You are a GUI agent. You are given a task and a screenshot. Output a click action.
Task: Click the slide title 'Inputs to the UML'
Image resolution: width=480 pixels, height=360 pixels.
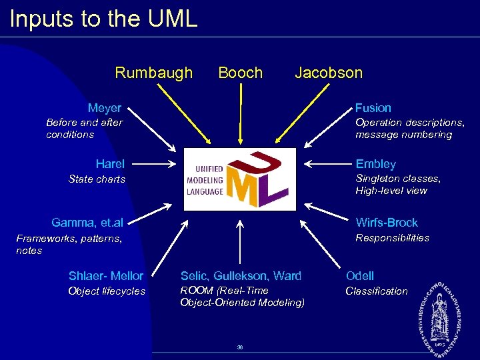pos(103,19)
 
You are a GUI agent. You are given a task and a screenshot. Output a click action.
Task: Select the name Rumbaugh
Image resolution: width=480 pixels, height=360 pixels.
pos(153,73)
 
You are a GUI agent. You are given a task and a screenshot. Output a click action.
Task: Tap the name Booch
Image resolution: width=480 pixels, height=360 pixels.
pos(240,73)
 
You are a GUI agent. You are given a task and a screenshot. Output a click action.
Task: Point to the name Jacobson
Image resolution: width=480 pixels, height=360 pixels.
pos(329,73)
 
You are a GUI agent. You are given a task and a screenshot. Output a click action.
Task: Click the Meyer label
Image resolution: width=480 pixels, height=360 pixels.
pos(105,108)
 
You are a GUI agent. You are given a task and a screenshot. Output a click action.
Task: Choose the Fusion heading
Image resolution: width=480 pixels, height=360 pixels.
pos(373,108)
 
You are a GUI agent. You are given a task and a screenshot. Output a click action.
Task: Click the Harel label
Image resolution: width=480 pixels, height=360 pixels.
pos(110,164)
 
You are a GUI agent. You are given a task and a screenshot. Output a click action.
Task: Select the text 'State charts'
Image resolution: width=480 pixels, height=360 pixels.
pos(97,179)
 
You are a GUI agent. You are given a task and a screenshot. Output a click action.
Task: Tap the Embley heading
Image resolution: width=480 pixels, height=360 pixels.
pos(375,164)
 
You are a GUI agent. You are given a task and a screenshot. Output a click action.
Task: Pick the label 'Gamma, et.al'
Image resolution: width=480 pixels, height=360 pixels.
pos(87,223)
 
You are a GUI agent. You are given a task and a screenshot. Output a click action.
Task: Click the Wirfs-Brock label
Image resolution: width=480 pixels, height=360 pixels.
pos(387,223)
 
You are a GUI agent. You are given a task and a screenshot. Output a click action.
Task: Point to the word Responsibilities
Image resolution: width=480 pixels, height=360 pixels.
pos(392,238)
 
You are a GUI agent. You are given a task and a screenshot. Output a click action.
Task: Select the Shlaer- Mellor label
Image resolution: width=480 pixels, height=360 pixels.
pos(106,276)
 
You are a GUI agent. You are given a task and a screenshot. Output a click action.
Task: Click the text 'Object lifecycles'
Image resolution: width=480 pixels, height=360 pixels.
pos(107,291)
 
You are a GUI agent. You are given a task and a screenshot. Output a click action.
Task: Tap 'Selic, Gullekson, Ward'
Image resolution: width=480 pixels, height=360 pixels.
pos(241,276)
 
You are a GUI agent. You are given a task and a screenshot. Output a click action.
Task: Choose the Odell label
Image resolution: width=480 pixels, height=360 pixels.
pos(360,276)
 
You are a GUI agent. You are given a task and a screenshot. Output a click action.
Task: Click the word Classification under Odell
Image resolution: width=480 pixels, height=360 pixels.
pos(376,291)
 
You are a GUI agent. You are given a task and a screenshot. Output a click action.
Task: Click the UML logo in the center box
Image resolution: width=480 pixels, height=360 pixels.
pos(239,179)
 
